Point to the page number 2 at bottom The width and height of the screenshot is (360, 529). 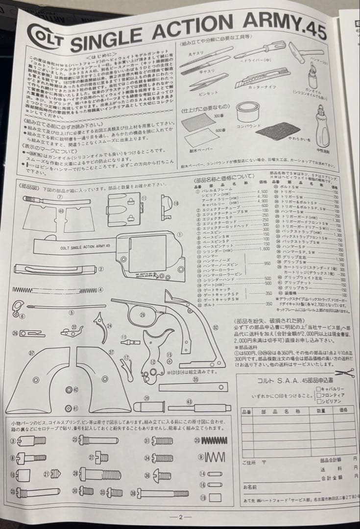click(180, 517)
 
